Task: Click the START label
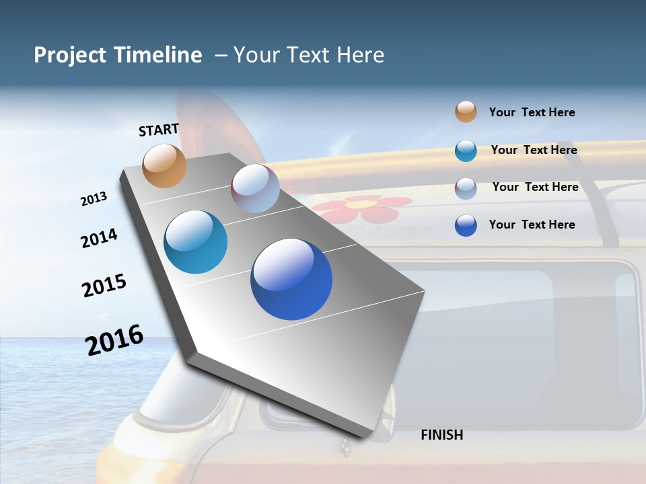coord(159,129)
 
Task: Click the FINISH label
coord(441,435)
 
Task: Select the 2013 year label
coord(94,199)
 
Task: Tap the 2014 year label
coord(99,238)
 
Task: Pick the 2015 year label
coord(104,286)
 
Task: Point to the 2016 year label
coord(114,340)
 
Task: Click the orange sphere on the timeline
coord(164,165)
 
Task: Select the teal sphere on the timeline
coord(195,242)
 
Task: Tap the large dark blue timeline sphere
coord(291,279)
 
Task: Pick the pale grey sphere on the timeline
coord(255,188)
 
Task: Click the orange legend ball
coord(466,112)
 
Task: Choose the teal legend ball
coord(466,151)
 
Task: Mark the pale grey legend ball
coord(466,188)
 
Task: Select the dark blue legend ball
coord(466,225)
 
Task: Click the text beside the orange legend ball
coord(532,112)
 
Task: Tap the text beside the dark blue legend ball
coord(532,225)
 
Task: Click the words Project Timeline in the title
coord(118,55)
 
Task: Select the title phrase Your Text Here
coord(309,55)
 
